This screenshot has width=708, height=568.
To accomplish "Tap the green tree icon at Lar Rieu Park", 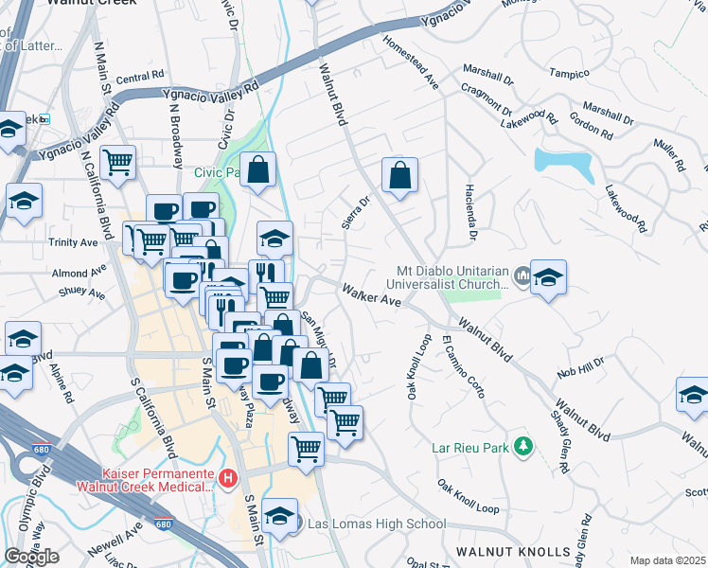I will [522, 446].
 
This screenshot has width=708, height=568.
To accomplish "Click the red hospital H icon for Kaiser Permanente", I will [227, 478].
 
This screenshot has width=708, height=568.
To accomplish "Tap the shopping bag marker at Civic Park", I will [257, 170].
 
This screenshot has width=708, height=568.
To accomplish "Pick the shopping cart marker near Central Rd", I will [117, 163].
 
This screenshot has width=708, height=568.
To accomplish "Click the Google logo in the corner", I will [31, 557].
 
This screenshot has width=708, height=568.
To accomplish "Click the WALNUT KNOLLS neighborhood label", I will [514, 550].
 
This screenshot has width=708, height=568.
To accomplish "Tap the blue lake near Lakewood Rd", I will [563, 164].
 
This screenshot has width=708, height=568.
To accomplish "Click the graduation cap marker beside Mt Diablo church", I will [548, 277].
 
